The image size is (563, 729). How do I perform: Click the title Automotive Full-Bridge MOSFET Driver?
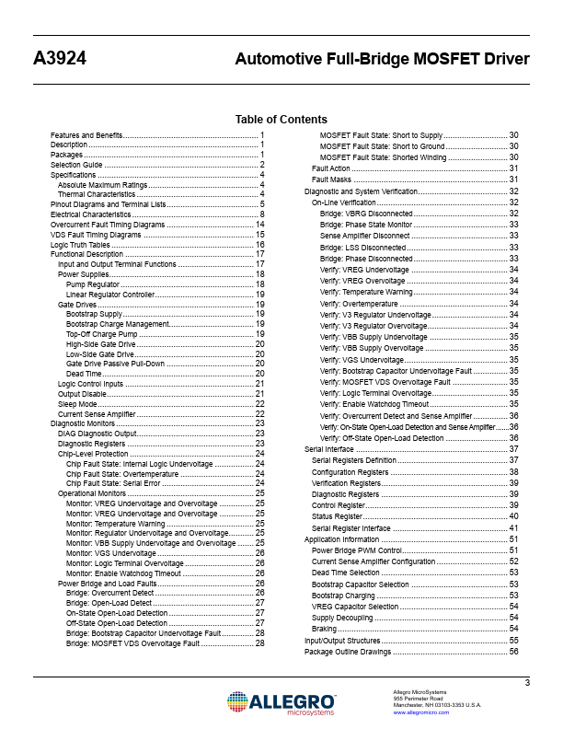click(x=382, y=60)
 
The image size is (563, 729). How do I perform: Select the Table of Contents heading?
click(x=281, y=120)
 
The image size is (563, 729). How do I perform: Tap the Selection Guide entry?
click(x=76, y=165)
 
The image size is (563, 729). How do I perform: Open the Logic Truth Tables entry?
click(x=80, y=246)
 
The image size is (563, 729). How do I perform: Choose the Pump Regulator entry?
click(x=93, y=285)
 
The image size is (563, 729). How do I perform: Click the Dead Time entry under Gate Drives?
click(x=84, y=375)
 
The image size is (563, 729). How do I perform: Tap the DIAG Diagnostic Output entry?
click(x=97, y=434)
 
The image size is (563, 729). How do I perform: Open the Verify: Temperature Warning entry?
click(x=366, y=292)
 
